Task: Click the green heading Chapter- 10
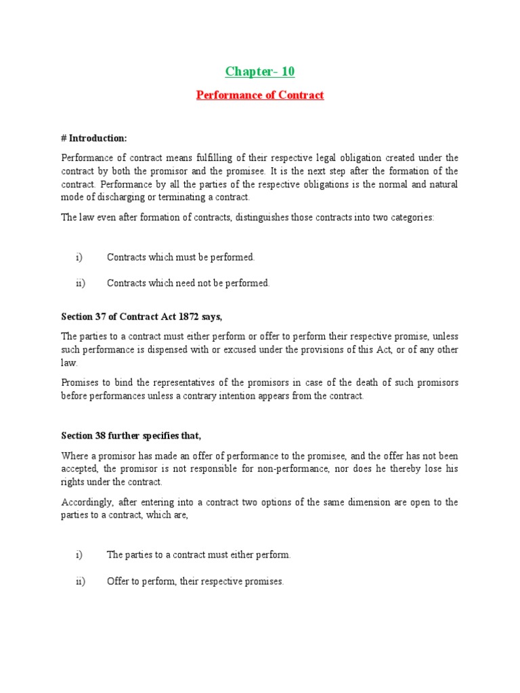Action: [x=260, y=72]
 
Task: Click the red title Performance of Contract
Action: [x=260, y=95]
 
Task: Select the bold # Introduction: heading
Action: [x=94, y=138]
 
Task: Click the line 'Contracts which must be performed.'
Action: [x=181, y=257]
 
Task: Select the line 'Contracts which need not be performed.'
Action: [x=188, y=283]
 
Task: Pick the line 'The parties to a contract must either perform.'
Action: [x=198, y=555]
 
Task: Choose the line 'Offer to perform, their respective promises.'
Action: [x=195, y=581]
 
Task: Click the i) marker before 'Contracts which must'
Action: [x=79, y=257]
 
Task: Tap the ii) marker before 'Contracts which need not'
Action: [x=81, y=283]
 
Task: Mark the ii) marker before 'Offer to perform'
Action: [x=81, y=581]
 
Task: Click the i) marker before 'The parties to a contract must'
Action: [x=79, y=555]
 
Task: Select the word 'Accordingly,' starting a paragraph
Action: [x=85, y=502]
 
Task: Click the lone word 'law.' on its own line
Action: [x=70, y=363]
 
